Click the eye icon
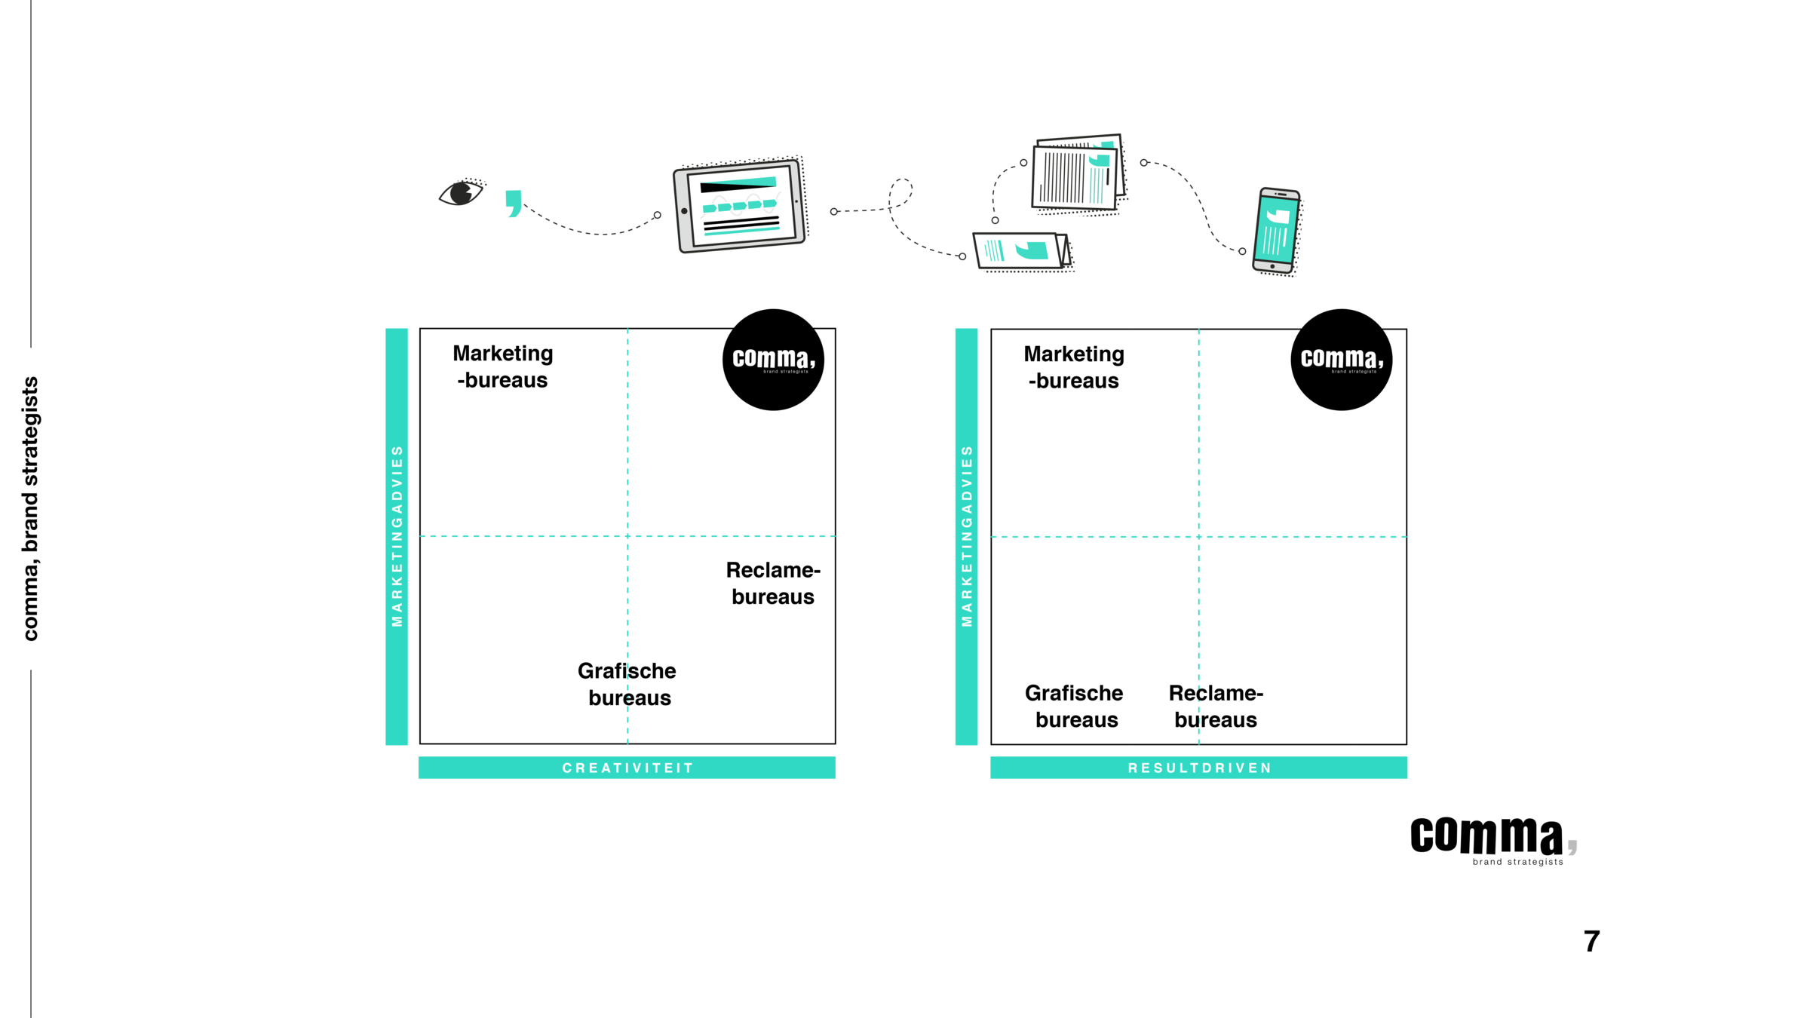tap(462, 192)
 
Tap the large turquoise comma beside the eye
tap(514, 203)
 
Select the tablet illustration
tap(741, 204)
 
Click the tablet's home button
tap(685, 211)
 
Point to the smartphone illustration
tap(1276, 232)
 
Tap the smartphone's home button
tap(1272, 266)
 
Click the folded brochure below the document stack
tap(1023, 251)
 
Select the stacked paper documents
tap(1077, 175)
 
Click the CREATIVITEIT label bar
tap(627, 768)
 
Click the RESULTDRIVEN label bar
tap(1199, 768)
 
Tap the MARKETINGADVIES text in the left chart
tap(397, 536)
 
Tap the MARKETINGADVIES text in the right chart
tap(967, 536)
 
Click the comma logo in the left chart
tap(774, 359)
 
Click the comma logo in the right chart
tap(1342, 359)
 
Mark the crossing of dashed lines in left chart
tap(627, 536)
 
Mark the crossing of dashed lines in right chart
tap(1199, 537)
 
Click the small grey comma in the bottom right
tap(1572, 847)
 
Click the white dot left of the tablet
tap(658, 215)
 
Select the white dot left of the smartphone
tap(1242, 251)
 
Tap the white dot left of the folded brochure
tap(962, 256)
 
